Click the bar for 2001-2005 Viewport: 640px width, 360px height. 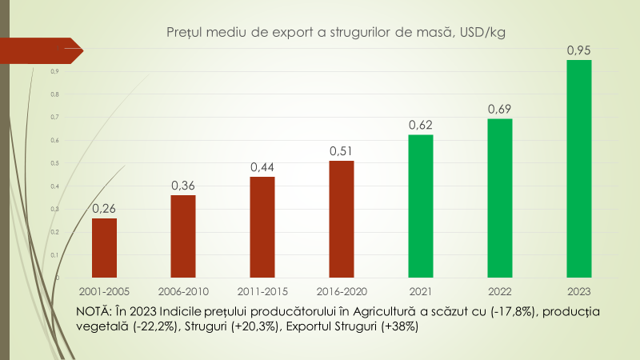(x=104, y=248)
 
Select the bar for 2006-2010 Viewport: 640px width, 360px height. (x=183, y=236)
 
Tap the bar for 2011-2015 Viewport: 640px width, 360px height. (x=262, y=227)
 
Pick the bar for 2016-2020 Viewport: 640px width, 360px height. (x=342, y=219)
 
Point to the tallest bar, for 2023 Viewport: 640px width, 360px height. (x=578, y=169)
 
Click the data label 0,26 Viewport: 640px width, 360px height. (x=104, y=209)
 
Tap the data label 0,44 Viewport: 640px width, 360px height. (x=262, y=167)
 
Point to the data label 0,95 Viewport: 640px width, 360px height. (x=578, y=50)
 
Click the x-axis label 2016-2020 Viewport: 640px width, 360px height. (x=342, y=291)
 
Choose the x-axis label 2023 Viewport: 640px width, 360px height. (x=578, y=291)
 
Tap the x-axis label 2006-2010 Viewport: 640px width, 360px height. (x=183, y=291)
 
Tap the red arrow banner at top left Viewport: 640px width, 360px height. (x=40, y=49)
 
